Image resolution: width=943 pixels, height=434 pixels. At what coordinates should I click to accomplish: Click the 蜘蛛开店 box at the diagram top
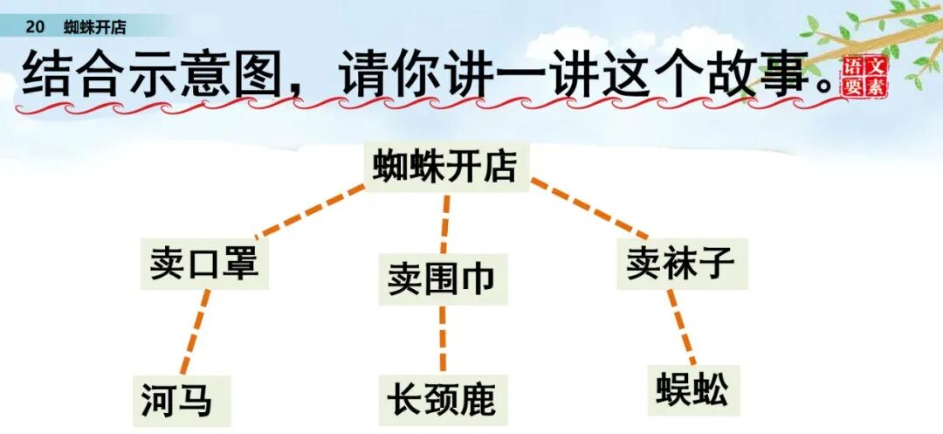(444, 165)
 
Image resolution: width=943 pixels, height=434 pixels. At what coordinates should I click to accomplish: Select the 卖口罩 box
(204, 261)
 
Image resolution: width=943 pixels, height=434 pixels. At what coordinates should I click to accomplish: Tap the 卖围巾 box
(442, 279)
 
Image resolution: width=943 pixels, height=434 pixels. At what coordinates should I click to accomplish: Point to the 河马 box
(176, 400)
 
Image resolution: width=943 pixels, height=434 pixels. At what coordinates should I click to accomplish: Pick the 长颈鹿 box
(442, 400)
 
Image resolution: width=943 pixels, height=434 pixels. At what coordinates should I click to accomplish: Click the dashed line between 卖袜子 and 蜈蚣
(682, 327)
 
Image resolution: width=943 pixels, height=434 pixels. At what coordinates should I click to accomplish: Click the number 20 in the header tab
(35, 27)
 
